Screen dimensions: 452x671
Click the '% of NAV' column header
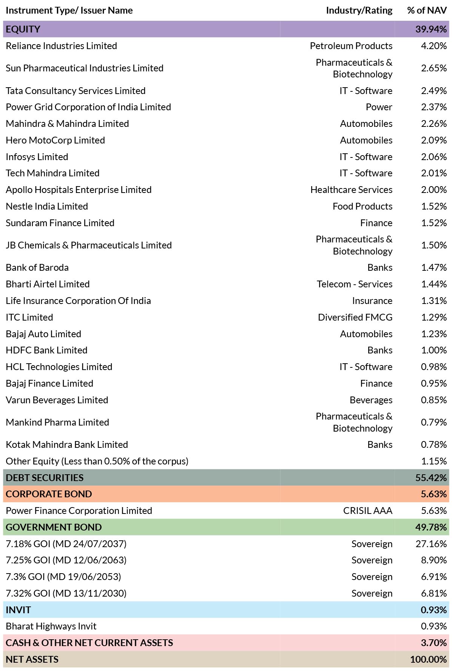tap(427, 10)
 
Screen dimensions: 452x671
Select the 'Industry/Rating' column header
tap(359, 11)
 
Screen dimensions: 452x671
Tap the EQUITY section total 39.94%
tap(431, 29)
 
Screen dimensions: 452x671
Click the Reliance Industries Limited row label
tap(61, 46)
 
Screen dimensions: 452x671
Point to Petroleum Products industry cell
tap(351, 46)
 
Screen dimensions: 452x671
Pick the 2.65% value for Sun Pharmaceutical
tap(434, 68)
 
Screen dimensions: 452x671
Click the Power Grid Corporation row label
tap(88, 107)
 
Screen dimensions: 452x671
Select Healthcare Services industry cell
tap(352, 190)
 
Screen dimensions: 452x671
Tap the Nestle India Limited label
tap(47, 206)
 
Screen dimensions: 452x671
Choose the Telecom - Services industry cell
tap(355, 284)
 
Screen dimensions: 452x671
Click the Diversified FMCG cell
tap(355, 317)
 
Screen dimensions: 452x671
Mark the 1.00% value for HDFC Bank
tap(434, 350)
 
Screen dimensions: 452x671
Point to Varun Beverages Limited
tap(57, 400)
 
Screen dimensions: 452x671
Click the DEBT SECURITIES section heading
tap(45, 478)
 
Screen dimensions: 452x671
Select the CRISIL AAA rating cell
tap(368, 511)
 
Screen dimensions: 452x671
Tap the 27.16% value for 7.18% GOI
tap(431, 544)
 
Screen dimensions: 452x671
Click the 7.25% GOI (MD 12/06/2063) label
tap(66, 560)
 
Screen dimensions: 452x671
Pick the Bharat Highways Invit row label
tap(51, 626)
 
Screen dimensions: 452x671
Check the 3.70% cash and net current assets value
tap(434, 643)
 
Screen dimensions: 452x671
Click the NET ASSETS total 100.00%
tap(429, 659)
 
